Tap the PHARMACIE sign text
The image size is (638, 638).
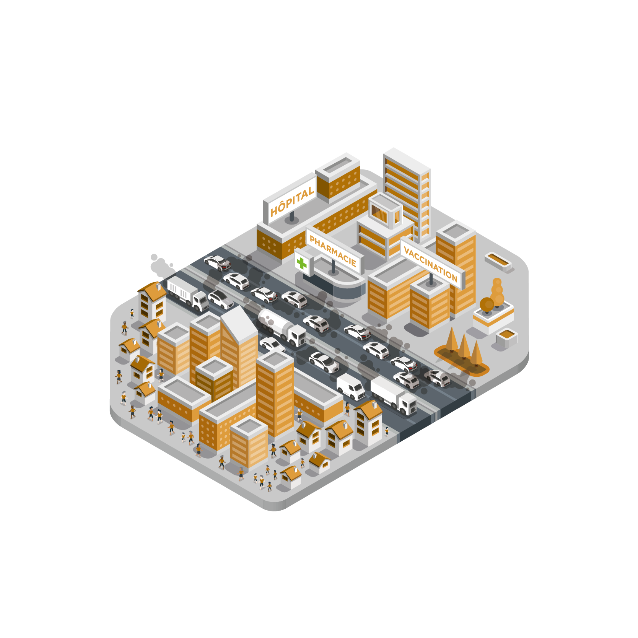(x=333, y=251)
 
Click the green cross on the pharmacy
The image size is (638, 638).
(x=301, y=263)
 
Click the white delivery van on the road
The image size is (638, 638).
(x=351, y=387)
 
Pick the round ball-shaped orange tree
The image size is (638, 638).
(x=487, y=304)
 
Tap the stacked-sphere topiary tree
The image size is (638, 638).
(x=497, y=292)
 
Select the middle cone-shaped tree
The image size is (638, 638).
(x=464, y=346)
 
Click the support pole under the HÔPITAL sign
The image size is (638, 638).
(x=292, y=216)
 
